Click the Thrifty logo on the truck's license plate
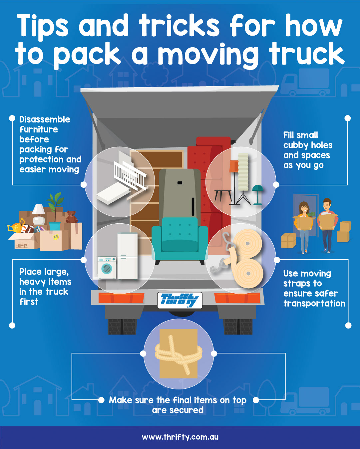point(180,300)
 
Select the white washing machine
point(107,268)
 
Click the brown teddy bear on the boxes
point(72,217)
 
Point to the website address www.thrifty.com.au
point(180,437)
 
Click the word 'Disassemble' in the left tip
point(45,119)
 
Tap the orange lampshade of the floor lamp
point(234,166)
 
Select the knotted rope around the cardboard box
point(179,354)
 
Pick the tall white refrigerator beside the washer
point(127,256)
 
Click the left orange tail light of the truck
point(121,298)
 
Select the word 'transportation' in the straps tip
point(314,303)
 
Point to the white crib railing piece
point(130,175)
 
